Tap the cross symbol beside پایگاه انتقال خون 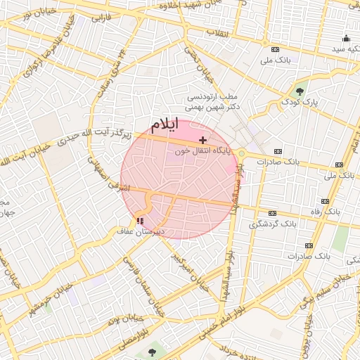tap(203, 141)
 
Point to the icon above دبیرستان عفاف tap(129, 221)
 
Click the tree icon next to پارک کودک tap(300, 91)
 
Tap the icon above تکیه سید tap(345, 39)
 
